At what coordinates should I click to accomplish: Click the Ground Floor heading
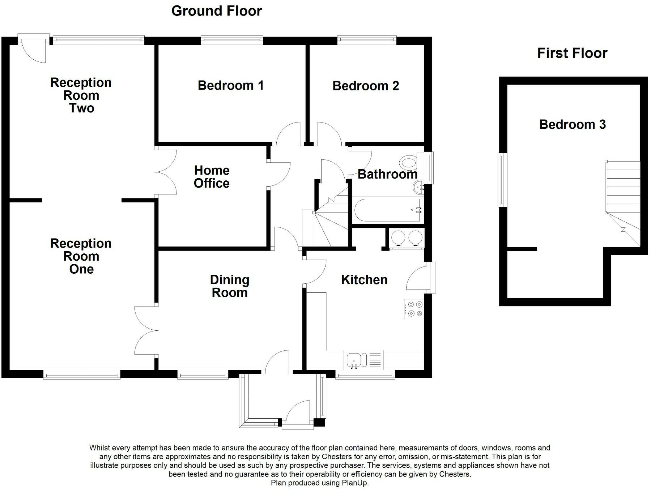pos(216,11)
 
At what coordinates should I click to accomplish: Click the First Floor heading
pos(572,53)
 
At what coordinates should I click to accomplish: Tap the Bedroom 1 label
pos(230,85)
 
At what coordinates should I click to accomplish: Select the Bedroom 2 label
pos(366,86)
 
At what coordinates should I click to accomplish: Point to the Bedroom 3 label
pos(572,124)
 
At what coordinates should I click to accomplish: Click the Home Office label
pos(212,177)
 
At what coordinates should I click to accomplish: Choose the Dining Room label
pos(230,286)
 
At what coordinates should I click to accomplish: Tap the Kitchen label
pos(364,279)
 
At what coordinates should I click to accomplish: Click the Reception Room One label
pos(81,256)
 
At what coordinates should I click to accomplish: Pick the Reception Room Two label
pos(81,95)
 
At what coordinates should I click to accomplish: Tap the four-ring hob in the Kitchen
pos(414,309)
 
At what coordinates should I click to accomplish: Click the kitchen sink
pos(363,360)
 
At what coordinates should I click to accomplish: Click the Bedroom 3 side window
pos(502,180)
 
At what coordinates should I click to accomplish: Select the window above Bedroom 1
pos(232,40)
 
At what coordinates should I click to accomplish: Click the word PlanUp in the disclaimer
pos(355,483)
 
